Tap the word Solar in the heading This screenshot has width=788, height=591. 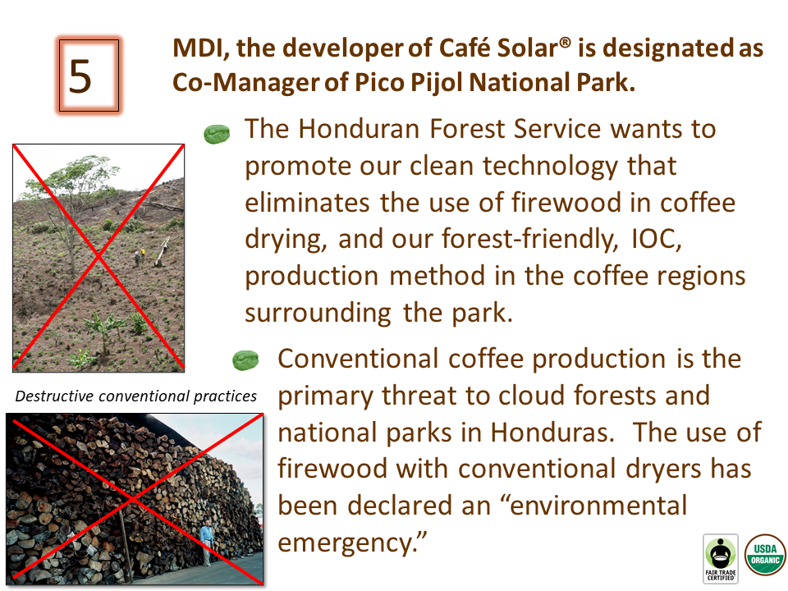coord(527,48)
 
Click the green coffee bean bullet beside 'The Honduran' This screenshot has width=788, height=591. coord(217,134)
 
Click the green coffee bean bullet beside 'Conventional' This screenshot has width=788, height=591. coord(245,360)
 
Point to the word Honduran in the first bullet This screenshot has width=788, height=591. coord(359,129)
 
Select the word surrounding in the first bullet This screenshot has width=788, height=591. coord(318,313)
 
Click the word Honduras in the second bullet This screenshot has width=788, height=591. coord(552,433)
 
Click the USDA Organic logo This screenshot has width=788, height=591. coord(765,554)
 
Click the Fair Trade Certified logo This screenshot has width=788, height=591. coord(721,559)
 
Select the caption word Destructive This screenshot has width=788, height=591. coord(54,396)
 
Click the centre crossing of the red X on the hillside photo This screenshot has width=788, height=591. coord(98,257)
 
